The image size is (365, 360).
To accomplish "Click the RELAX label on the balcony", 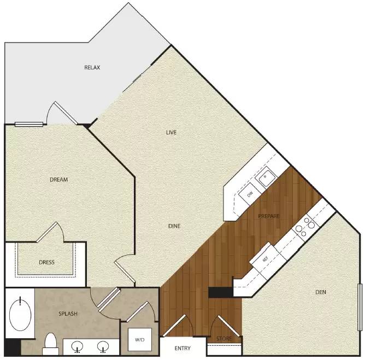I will [x=92, y=68].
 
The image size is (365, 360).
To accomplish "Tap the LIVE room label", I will [x=172, y=132].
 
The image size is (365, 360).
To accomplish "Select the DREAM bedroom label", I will [x=58, y=180].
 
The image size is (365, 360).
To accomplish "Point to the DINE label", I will [x=174, y=226].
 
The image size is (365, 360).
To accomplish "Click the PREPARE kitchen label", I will [x=269, y=216].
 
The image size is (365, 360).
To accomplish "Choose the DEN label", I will [x=321, y=292].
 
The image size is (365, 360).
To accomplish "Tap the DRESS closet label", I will [x=47, y=262].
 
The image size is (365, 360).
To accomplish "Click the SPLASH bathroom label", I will [x=68, y=314].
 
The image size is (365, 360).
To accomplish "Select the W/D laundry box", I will [x=139, y=340].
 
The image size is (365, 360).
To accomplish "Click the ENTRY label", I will [x=182, y=348].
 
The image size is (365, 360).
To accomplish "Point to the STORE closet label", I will [x=224, y=339].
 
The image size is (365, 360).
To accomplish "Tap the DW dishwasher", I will [x=250, y=194].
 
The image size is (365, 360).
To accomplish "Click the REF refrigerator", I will [x=265, y=260].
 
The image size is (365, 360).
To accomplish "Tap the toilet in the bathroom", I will [x=51, y=342].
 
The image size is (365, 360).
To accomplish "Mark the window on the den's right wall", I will [x=360, y=307].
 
